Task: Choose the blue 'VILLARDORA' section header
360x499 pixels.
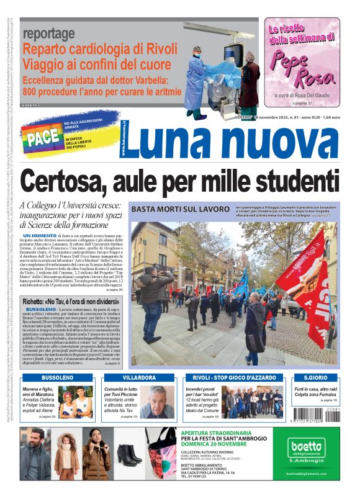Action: pyautogui.click(x=139, y=377)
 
